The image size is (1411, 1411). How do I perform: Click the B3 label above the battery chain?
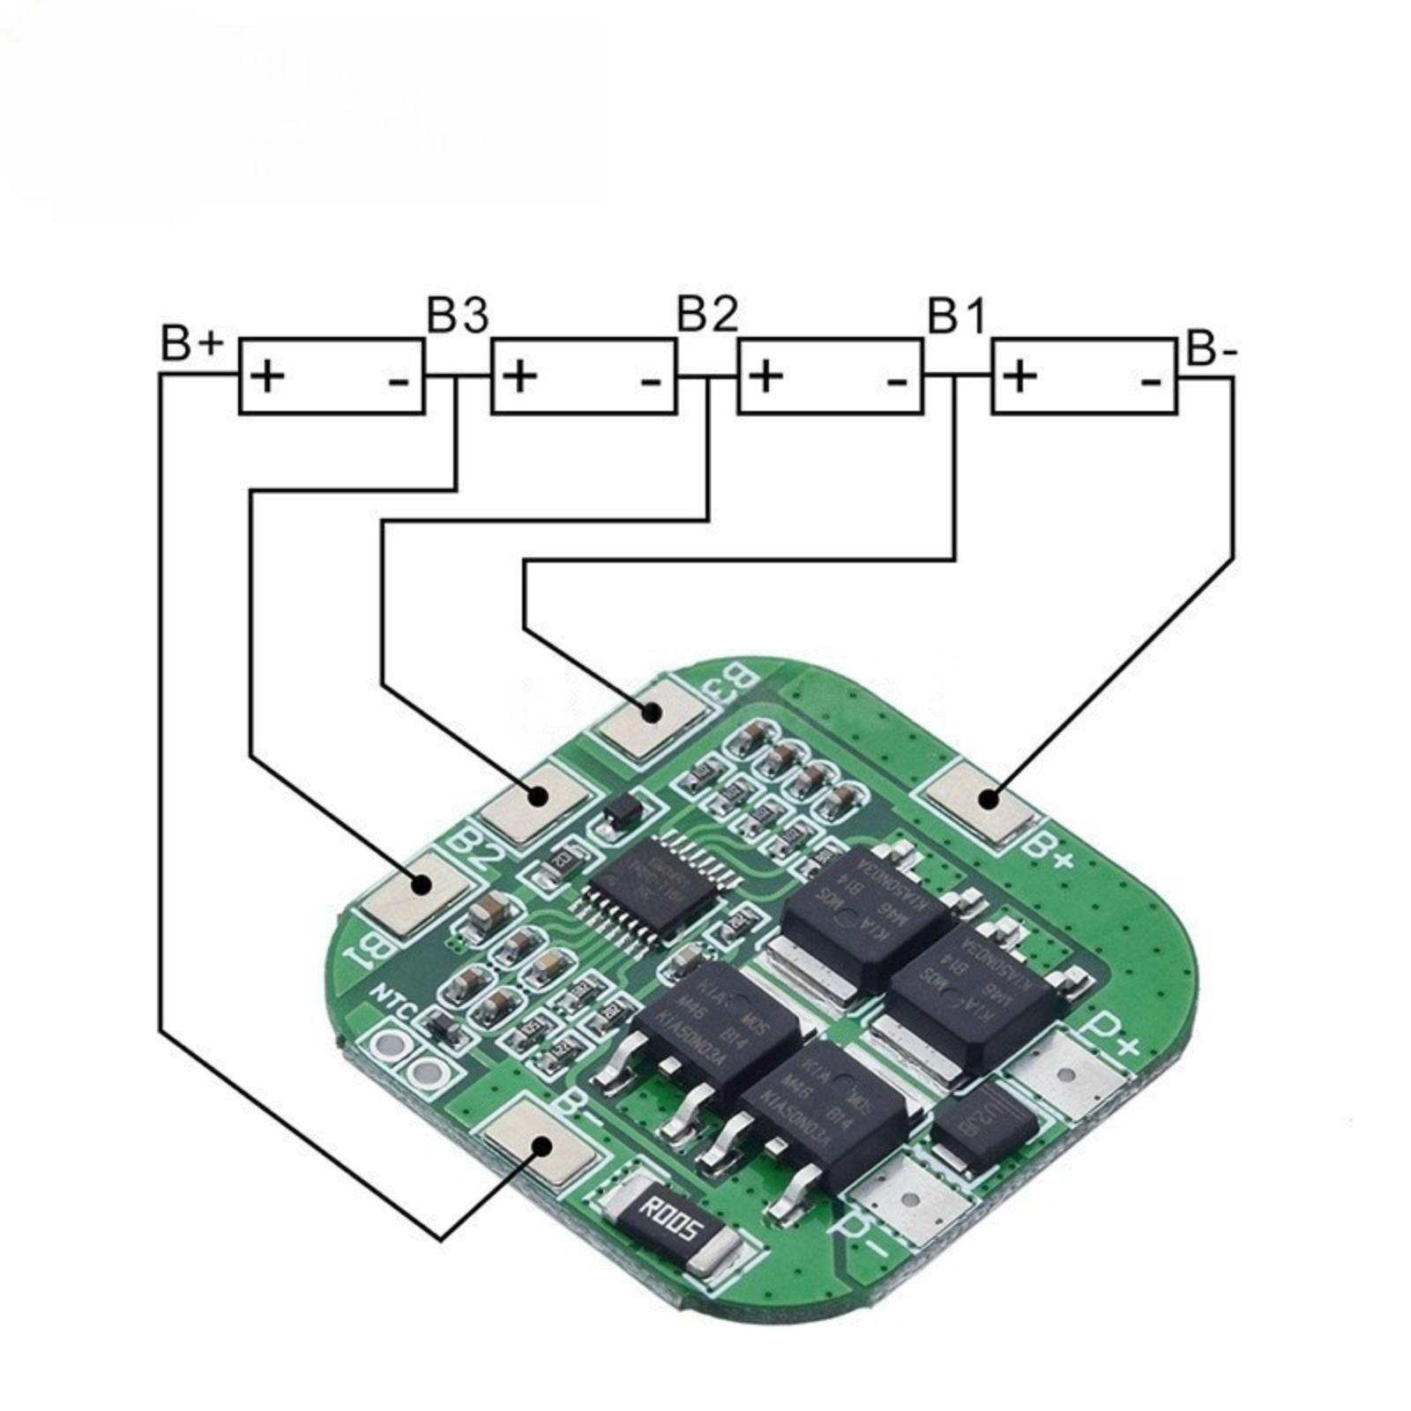click(457, 315)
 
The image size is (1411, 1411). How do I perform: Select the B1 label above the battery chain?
click(957, 315)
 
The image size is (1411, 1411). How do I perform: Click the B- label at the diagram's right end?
click(1213, 349)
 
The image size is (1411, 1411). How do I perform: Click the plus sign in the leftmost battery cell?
click(268, 377)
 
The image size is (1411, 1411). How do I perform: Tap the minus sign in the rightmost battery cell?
click(1151, 380)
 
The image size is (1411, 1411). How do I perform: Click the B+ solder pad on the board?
click(986, 801)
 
